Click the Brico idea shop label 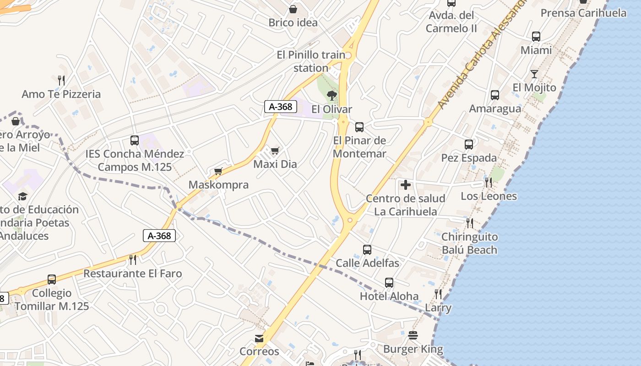pos(293,22)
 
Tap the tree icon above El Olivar pos(332,96)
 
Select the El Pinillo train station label pos(311,61)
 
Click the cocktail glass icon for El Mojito pos(534,74)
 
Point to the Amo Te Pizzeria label pos(61,94)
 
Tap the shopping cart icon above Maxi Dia pos(275,151)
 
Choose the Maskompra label pos(219,185)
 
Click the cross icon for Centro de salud pos(406,185)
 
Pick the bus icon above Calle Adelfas pos(367,250)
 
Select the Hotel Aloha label pos(389,296)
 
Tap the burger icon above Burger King pos(413,336)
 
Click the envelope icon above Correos pos(259,339)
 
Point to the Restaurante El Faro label pos(133,274)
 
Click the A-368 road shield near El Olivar pos(281,107)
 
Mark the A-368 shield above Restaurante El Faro pos(159,236)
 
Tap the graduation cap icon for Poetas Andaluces pos(22,196)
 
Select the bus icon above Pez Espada pos(469,145)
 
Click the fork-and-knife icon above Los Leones pos(489,183)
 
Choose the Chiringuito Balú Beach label pos(469,243)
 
